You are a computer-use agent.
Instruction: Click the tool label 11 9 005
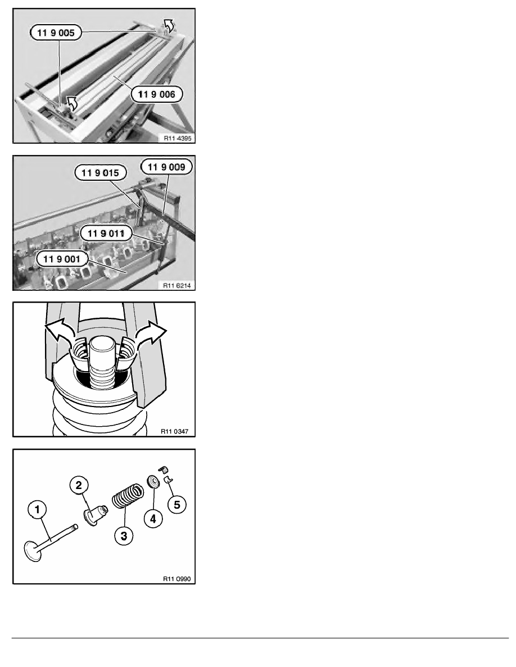56,33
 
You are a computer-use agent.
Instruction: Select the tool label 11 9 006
157,94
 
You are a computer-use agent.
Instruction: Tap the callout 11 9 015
101,173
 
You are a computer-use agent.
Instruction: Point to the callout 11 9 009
166,167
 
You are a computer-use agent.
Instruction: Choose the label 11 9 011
106,233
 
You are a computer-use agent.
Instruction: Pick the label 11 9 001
62,259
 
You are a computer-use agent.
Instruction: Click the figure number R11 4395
178,138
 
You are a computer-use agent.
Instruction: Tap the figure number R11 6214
177,285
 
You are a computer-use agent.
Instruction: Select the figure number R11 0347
175,431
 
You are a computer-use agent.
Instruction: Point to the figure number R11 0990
177,579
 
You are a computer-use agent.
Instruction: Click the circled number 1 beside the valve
37,509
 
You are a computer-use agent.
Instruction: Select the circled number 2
79,485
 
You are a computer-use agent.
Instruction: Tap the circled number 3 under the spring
124,536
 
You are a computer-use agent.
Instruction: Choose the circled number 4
153,518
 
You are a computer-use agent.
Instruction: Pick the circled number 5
177,505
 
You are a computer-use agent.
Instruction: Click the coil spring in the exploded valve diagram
128,496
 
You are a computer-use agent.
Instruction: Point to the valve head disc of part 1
33,551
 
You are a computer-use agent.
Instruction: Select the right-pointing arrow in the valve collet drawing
150,332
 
